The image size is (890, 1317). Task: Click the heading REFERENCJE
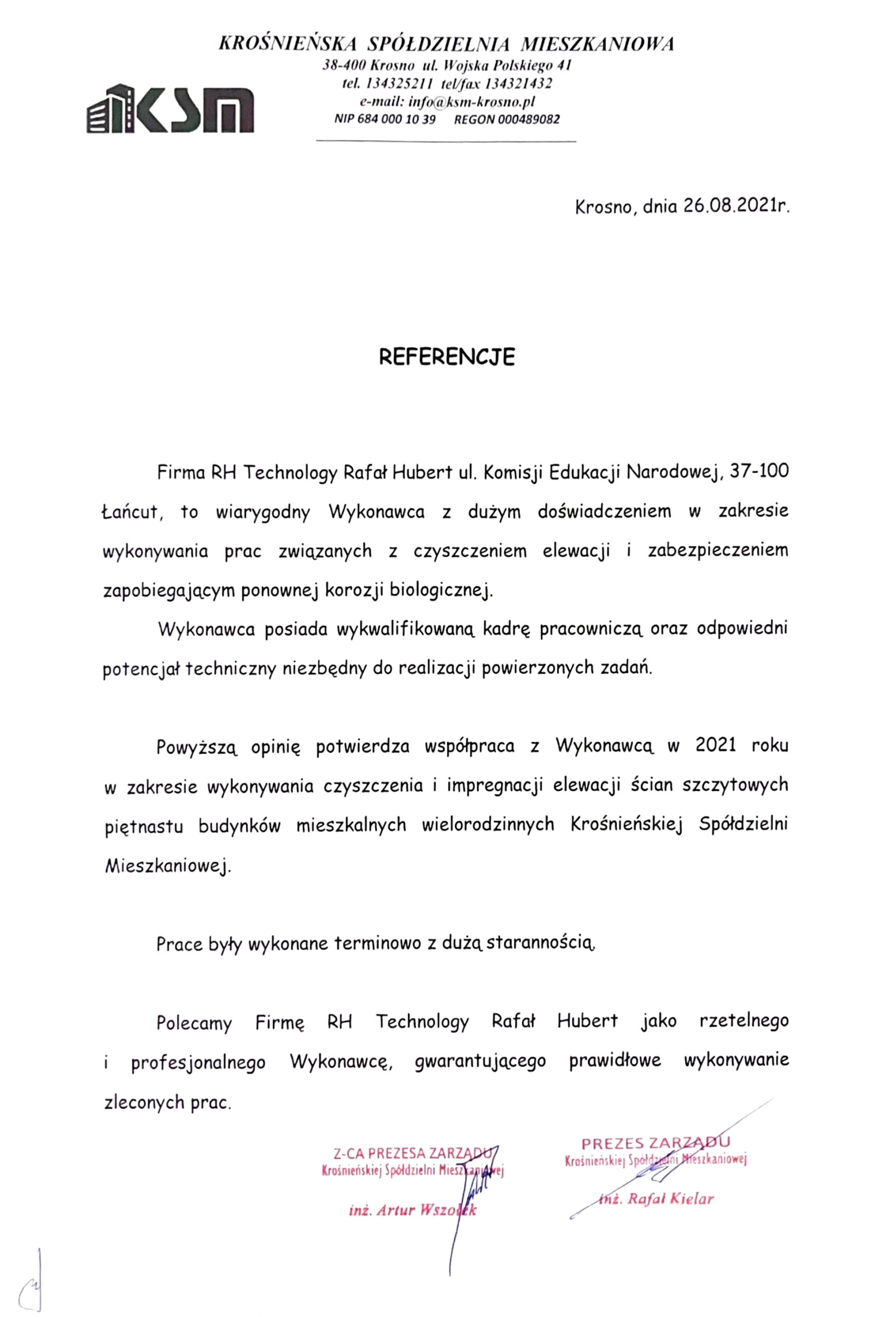click(x=446, y=357)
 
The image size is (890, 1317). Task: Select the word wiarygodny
click(x=262, y=512)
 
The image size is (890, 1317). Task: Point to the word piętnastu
click(x=143, y=825)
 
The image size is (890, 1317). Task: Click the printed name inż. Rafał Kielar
click(x=656, y=1199)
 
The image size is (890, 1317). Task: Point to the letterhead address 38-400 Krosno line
click(x=446, y=66)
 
